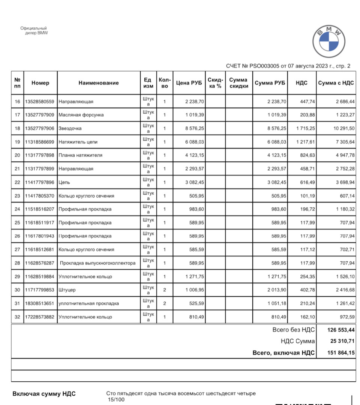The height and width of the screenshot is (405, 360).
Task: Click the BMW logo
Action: (329, 42)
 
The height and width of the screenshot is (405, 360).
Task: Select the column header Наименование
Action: (99, 83)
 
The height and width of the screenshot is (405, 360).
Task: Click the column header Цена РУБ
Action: (189, 83)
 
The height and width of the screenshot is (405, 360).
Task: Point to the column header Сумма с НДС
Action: (336, 83)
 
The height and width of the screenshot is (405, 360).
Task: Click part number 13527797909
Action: (40, 115)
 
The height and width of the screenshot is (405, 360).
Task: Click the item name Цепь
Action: (64, 182)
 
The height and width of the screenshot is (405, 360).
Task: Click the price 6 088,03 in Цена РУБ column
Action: (195, 142)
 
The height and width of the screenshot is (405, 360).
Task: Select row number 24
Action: (17, 209)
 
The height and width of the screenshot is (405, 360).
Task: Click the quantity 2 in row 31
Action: (165, 303)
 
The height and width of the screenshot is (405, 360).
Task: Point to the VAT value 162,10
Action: (307, 317)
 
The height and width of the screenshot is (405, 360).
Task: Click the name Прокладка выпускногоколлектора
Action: (97, 263)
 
